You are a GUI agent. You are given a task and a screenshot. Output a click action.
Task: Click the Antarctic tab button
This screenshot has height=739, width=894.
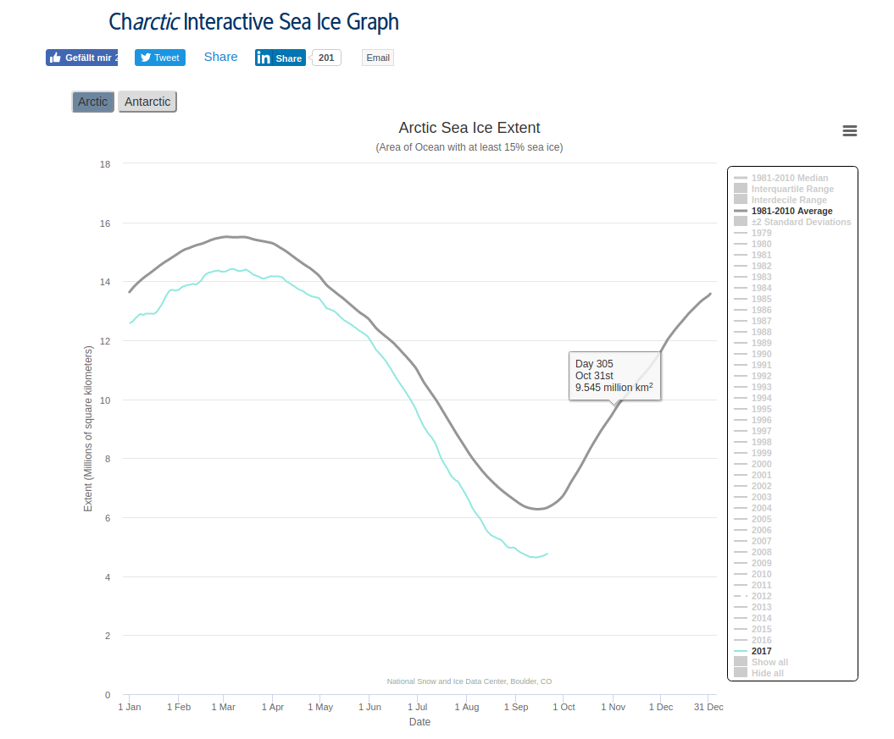(147, 102)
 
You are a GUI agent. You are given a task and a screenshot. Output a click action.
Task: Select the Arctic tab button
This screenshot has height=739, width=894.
(93, 102)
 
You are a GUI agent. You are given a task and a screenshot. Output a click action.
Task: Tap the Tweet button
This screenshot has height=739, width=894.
(160, 58)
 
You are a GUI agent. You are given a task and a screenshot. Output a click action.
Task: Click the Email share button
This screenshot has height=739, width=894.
(378, 58)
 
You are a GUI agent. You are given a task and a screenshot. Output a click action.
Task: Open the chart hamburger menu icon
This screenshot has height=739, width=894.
(850, 130)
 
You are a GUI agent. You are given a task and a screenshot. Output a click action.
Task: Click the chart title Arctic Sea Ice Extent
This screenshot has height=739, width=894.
(469, 128)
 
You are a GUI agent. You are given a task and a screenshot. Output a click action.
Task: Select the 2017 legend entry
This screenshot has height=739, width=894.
(761, 651)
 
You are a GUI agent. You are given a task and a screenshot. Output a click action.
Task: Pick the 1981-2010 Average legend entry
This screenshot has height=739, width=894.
(791, 211)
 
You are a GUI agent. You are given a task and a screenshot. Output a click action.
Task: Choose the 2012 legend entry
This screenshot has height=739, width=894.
(761, 596)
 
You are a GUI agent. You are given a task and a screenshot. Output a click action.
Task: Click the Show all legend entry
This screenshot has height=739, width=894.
(769, 662)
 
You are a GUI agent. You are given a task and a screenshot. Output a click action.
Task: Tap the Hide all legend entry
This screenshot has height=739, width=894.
(767, 673)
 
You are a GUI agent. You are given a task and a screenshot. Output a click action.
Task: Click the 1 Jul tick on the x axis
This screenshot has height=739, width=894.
(417, 707)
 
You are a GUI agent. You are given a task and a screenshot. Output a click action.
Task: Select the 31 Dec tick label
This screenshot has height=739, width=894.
(708, 707)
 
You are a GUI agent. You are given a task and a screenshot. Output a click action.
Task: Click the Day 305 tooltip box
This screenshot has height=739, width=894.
(615, 376)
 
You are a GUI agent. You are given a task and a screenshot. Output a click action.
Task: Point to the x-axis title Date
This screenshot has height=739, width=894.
(419, 722)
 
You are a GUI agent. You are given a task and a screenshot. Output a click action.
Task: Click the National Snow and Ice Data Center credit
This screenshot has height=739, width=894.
(469, 681)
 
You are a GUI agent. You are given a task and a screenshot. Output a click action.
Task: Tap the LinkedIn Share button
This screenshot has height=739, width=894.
(280, 58)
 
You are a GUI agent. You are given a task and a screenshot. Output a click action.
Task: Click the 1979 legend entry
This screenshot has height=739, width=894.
(761, 233)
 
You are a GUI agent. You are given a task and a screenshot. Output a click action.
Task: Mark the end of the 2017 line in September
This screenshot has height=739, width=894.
(547, 554)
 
